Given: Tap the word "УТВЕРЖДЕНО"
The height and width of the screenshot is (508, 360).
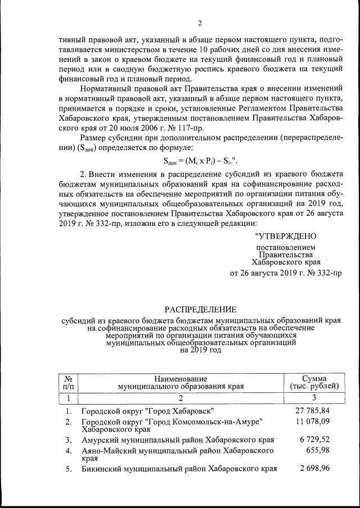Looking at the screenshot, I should (286, 236).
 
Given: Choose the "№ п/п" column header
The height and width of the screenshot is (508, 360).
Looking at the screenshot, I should (68, 382).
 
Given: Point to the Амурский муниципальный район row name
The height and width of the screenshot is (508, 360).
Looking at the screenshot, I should (178, 439).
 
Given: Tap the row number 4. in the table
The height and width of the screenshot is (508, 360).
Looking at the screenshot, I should (68, 451).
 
